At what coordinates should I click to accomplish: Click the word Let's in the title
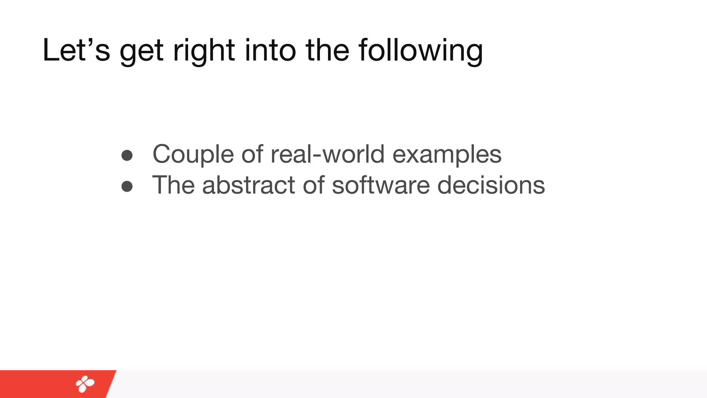coord(76,50)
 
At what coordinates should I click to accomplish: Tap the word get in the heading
coord(141,52)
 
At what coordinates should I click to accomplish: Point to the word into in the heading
coord(270,50)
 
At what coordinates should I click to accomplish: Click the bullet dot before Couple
coord(127,155)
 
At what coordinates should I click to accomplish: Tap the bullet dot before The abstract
coord(127,186)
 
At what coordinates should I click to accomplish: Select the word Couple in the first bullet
coord(193,154)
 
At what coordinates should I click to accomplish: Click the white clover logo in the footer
coord(85,384)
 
